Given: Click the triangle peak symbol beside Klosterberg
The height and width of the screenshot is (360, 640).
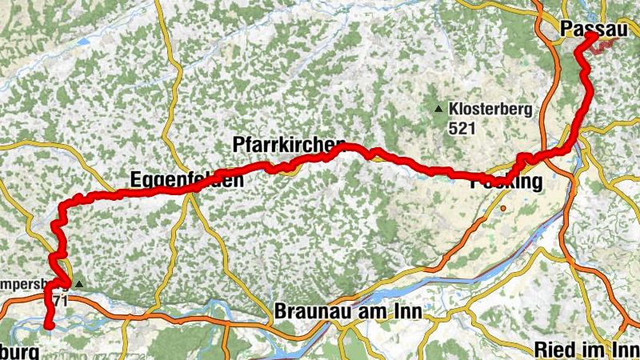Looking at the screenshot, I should click(x=438, y=109).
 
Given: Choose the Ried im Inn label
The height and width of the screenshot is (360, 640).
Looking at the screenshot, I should click(x=587, y=349).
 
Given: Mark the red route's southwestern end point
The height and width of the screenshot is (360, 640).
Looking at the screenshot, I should click(x=49, y=325).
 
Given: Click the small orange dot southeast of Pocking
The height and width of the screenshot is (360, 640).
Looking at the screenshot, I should click(x=504, y=208).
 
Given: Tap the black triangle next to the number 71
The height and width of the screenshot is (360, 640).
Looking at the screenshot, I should click(x=78, y=283).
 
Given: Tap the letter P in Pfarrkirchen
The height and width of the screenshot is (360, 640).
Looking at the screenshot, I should click(x=238, y=145).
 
